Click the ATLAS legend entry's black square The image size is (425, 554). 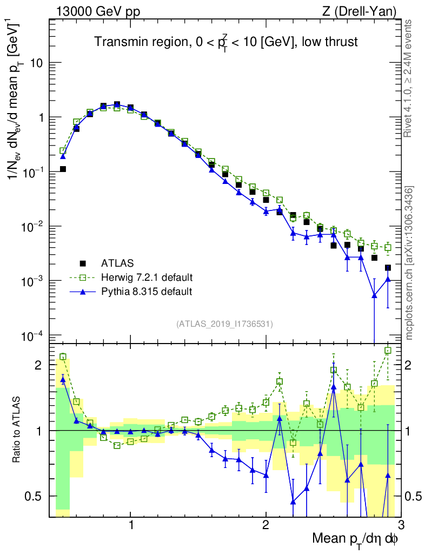83,263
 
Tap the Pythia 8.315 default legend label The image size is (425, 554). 147,292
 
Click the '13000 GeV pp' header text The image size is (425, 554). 97,11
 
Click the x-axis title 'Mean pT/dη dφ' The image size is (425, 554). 355,539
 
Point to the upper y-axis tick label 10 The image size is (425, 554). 36,63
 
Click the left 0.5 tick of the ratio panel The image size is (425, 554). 37,496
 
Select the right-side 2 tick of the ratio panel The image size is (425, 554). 413,365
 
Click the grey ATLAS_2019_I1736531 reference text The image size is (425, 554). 224,324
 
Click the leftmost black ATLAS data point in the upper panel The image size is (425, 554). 63,169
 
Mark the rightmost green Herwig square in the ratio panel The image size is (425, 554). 387,351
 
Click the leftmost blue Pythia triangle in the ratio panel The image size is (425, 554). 63,380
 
